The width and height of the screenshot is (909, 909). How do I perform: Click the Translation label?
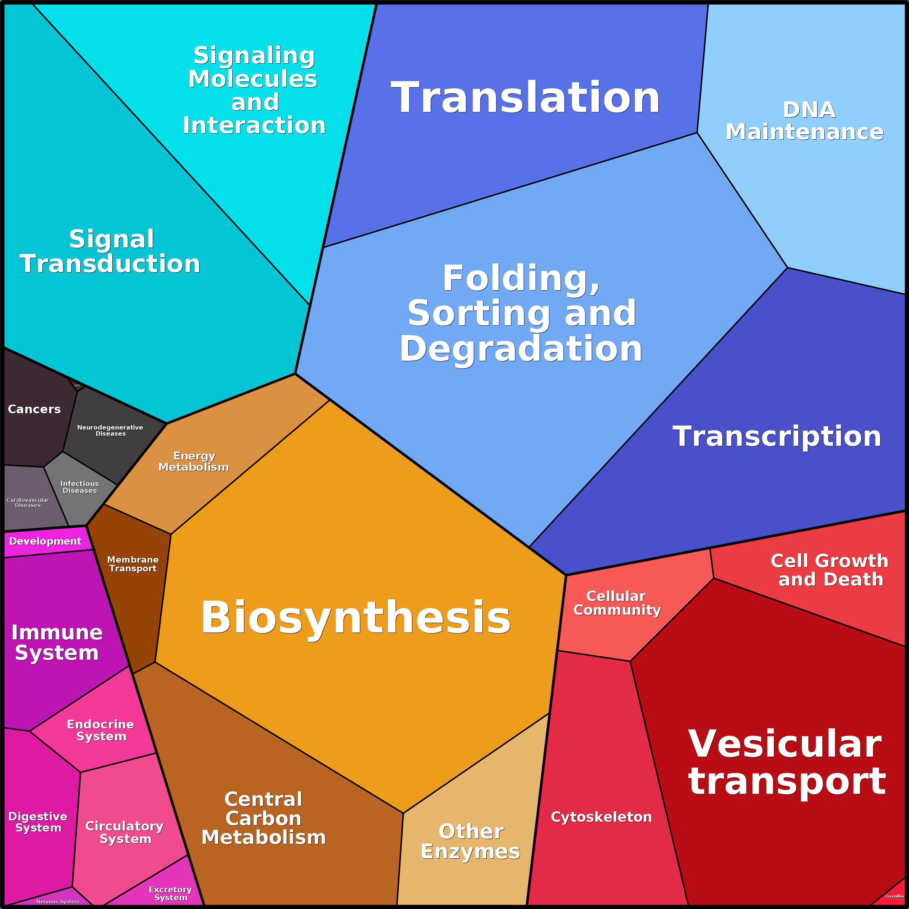525,97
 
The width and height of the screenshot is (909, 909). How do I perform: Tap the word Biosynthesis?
356,617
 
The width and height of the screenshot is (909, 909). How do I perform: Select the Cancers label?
34,409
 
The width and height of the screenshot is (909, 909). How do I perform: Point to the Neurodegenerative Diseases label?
110,431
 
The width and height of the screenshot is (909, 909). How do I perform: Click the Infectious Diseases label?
80,487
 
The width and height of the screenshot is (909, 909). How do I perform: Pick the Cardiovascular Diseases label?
28,503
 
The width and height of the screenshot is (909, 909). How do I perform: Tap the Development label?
45,541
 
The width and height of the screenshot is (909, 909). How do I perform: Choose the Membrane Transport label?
133,564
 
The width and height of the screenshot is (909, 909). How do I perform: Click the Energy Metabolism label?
194,462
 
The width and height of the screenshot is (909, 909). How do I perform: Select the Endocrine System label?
101,730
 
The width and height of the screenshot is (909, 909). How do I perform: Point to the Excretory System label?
170,893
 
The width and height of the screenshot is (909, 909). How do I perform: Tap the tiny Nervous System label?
58,901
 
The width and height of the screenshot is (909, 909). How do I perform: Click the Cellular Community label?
617,603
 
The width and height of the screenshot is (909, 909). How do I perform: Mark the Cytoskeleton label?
601,817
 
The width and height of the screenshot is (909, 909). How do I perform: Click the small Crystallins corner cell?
894,896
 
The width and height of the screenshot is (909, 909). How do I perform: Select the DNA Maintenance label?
804,121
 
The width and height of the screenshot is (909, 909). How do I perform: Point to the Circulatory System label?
125,832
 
